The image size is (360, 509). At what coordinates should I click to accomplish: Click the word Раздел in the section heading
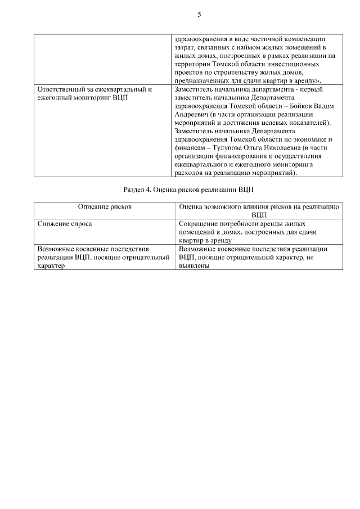pos(134,190)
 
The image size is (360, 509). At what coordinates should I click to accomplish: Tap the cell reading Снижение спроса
pos(65,224)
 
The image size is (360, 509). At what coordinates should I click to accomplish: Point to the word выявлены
pos(194,267)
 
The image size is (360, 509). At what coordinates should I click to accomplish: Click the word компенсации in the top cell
pos(303,39)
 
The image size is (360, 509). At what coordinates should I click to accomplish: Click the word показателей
pos(310,122)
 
